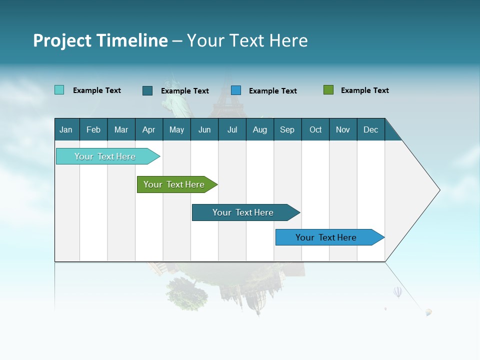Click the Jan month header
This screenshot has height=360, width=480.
click(x=66, y=129)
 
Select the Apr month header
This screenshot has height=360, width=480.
click(x=148, y=129)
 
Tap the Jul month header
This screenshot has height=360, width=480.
click(x=232, y=129)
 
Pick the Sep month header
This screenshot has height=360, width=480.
click(x=287, y=129)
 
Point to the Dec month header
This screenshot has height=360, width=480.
click(x=370, y=129)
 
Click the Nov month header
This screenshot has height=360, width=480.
click(x=342, y=129)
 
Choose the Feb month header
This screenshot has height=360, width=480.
click(x=93, y=129)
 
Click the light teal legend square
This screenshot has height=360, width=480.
click(x=59, y=90)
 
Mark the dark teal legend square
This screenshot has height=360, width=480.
click(x=147, y=90)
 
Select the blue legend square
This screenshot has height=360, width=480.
click(x=236, y=90)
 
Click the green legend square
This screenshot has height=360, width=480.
click(x=328, y=90)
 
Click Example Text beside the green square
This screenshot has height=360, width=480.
click(x=364, y=90)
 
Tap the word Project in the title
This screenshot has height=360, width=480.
click(x=61, y=40)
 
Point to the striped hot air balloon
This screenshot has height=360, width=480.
click(x=397, y=291)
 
